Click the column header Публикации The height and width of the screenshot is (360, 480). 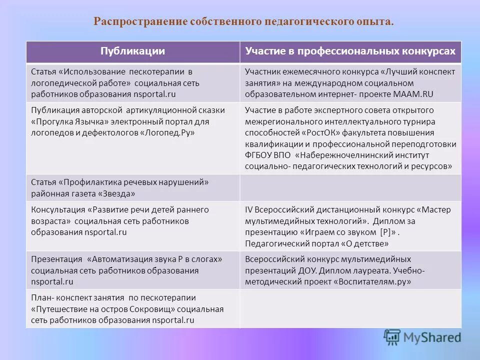pyautogui.click(x=132, y=51)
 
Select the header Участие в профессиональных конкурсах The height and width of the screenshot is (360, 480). pyautogui.click(x=350, y=51)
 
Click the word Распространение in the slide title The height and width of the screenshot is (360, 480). pyautogui.click(x=140, y=22)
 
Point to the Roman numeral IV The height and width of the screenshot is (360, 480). pyautogui.click(x=249, y=210)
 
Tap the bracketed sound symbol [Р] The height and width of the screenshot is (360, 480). pyautogui.click(x=385, y=232)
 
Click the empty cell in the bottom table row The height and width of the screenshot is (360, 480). pyautogui.click(x=350, y=309)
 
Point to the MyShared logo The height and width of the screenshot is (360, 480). pyautogui.click(x=422, y=336)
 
